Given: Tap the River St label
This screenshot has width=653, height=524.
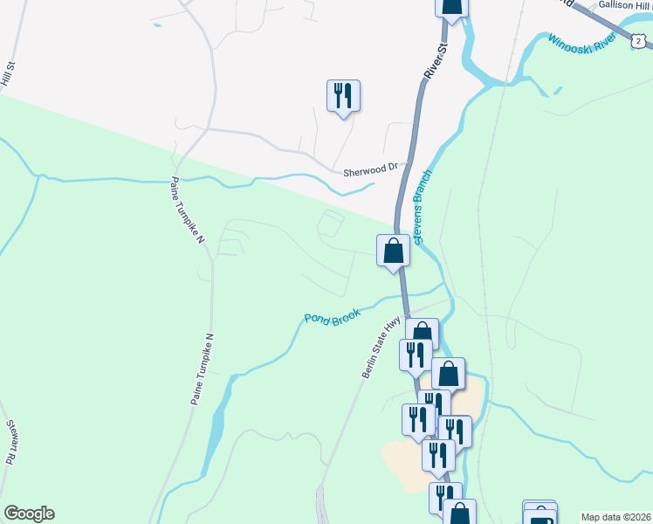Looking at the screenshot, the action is tap(434, 62).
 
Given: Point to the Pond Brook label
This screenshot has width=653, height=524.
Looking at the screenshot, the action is tap(332, 314).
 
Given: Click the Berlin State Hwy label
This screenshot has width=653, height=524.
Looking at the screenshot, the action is tap(381, 348).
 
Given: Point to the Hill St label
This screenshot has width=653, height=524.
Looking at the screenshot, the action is tap(10, 73).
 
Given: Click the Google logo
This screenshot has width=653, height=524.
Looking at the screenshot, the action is tap(29, 514).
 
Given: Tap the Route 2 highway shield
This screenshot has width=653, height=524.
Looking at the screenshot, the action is tap(639, 40).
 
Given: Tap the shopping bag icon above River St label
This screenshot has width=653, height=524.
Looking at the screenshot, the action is tap(452, 7).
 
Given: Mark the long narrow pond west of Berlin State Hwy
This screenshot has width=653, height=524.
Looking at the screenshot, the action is tap(215, 428).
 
